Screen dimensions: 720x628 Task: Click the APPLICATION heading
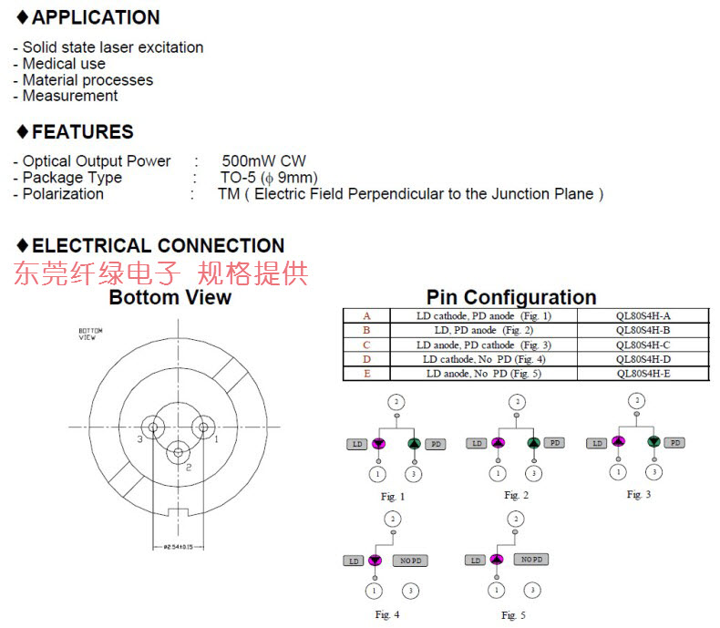96,17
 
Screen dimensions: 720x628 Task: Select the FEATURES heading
83,132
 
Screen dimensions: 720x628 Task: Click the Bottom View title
170,297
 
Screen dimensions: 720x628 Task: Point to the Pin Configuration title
511,297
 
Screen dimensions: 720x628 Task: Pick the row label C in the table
366,345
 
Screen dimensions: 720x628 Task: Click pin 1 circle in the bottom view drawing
202,426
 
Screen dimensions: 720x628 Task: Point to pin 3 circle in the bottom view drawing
154,427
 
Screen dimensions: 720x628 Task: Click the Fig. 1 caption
393,497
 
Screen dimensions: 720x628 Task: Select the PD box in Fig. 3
674,442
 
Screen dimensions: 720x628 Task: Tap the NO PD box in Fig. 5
530,559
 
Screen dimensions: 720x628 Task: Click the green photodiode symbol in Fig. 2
534,443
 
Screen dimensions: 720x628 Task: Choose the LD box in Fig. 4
354,561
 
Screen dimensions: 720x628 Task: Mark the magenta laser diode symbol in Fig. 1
377,443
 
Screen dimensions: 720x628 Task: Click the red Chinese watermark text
161,273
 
